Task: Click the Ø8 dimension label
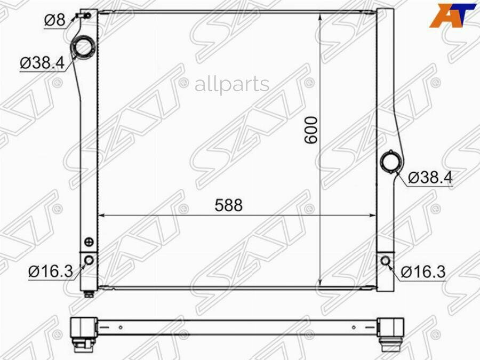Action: tap(55, 20)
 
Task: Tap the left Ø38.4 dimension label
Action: tap(42, 63)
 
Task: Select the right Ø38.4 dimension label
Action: tap(430, 177)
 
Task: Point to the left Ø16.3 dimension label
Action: tap(51, 271)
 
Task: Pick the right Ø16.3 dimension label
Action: tap(423, 272)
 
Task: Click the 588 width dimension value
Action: tap(229, 205)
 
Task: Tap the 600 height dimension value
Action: tap(311, 130)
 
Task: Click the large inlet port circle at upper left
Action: tap(83, 47)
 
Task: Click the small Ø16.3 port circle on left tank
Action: tap(89, 260)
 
